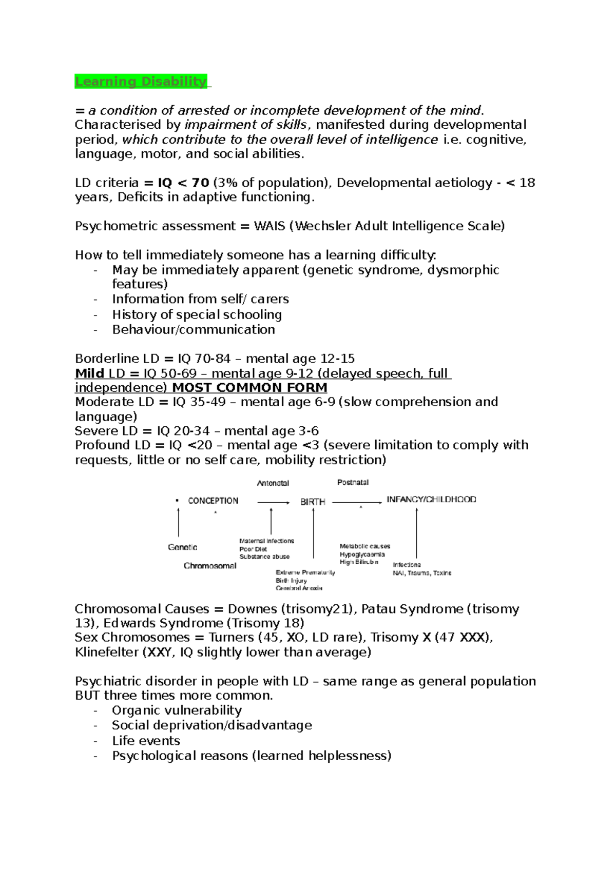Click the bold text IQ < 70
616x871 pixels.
183,183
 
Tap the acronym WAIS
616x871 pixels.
269,226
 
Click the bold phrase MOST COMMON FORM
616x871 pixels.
249,388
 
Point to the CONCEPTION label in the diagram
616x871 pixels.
213,501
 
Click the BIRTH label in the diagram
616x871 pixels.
313,502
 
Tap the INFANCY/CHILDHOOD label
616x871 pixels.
431,500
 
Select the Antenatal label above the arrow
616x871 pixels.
273,483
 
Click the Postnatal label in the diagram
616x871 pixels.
353,483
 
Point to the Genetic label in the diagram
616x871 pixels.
182,547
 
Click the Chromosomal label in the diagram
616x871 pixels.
210,566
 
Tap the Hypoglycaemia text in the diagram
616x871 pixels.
362,555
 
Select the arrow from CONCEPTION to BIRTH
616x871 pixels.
273,503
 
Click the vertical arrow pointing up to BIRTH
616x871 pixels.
313,533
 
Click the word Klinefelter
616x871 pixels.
107,652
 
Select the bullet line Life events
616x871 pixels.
146,741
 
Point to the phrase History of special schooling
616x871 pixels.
197,314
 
